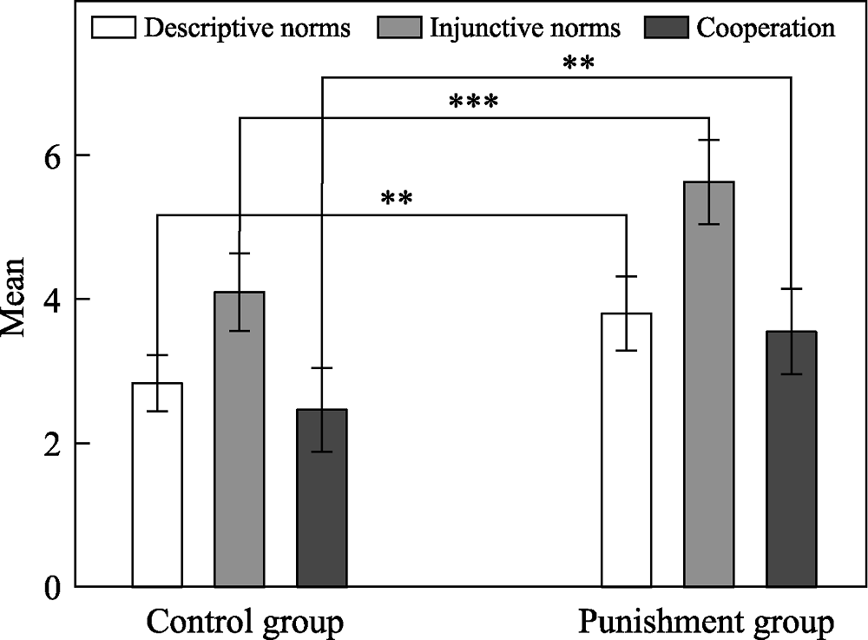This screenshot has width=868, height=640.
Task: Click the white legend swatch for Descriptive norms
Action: [x=113, y=28]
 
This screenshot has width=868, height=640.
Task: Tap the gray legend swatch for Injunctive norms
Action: [x=400, y=28]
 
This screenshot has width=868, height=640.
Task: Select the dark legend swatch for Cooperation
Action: [x=668, y=28]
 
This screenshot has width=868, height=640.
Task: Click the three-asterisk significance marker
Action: [x=473, y=103]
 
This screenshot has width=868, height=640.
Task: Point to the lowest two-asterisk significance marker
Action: [x=396, y=200]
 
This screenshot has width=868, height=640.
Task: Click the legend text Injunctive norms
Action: [x=525, y=28]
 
